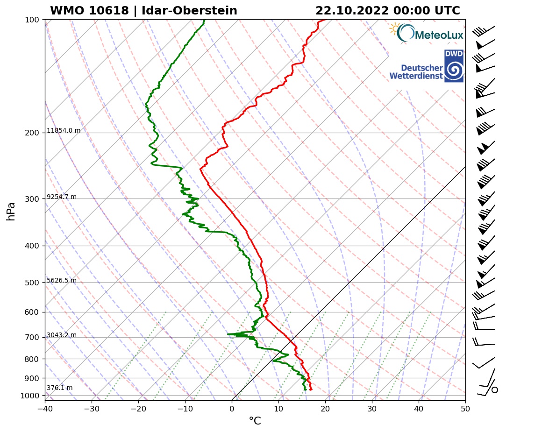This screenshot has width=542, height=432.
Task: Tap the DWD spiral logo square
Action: coord(454,66)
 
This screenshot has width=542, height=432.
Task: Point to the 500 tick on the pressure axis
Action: coord(31,283)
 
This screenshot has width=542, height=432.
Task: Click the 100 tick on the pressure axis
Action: coord(31,20)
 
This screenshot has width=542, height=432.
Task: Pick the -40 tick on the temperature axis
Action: coord(45,408)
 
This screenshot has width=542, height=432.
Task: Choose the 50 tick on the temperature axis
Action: coord(465,408)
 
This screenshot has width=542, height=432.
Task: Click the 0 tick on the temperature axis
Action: coord(232,408)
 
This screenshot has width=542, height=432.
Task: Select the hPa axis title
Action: coord(11,211)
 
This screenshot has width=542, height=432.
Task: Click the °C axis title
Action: coord(255,421)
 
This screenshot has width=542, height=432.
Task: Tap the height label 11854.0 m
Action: coord(64,131)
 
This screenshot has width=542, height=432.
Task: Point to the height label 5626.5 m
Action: coord(62,281)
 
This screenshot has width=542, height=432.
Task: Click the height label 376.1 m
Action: coord(59,388)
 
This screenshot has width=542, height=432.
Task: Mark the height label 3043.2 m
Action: coord(62,335)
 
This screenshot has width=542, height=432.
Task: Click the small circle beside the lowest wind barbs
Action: coord(495,390)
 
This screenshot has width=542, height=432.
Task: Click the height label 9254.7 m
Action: coord(62,197)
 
